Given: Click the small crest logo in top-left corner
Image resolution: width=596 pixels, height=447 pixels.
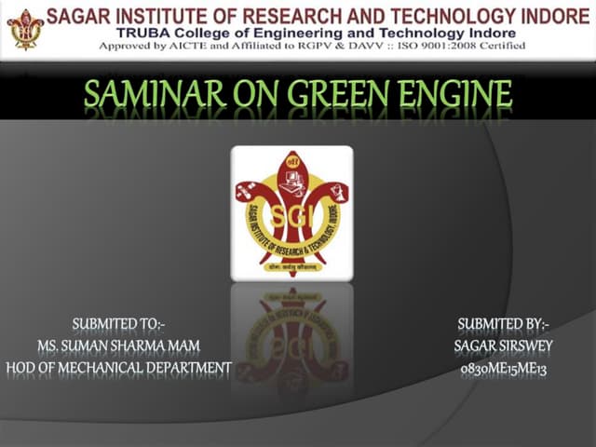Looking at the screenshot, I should pos(25,29).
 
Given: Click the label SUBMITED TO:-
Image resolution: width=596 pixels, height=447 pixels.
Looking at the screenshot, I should pos(118,325).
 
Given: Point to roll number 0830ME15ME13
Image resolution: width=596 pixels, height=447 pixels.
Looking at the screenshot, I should pos(504,368).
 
